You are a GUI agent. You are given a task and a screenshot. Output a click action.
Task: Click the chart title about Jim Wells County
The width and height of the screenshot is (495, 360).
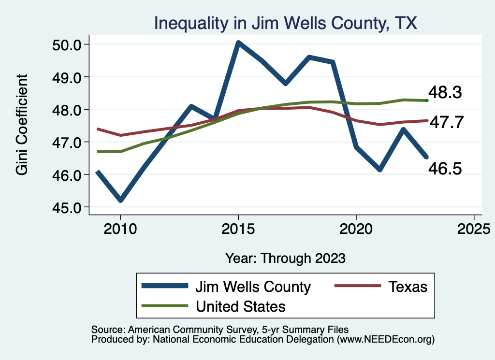(x=285, y=23)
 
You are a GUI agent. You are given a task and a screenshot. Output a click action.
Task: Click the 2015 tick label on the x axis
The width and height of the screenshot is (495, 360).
(x=238, y=228)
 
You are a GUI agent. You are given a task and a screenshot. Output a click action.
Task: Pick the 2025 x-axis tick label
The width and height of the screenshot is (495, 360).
(x=474, y=228)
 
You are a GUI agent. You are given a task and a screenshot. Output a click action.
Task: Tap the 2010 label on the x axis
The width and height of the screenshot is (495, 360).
(x=120, y=228)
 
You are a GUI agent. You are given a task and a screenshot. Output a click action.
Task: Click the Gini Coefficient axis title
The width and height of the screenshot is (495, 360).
(x=22, y=125)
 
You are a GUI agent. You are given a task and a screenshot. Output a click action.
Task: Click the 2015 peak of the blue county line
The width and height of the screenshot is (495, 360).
(x=238, y=43)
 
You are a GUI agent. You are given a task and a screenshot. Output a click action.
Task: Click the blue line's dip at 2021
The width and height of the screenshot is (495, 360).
(x=379, y=170)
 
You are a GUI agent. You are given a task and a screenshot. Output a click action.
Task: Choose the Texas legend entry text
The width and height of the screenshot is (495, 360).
(x=407, y=287)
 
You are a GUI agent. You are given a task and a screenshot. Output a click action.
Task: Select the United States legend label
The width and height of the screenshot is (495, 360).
(x=240, y=306)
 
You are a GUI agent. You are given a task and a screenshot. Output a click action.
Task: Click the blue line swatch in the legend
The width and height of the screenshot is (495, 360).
(x=164, y=287)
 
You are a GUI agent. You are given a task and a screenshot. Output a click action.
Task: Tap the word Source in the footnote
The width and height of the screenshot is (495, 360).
(x=105, y=329)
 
